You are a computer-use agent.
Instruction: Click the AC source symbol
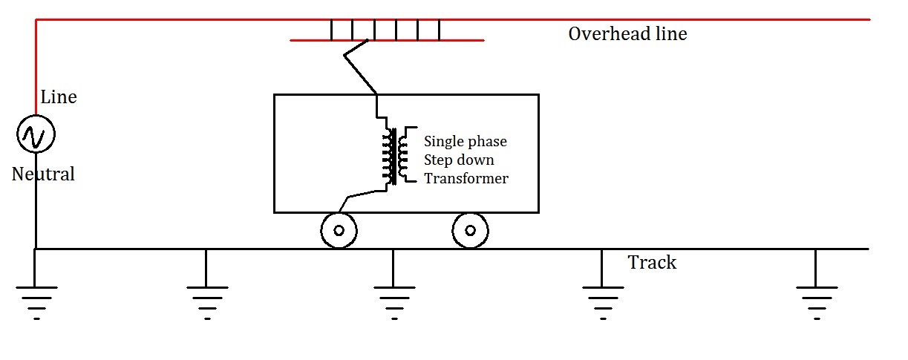coord(36,135)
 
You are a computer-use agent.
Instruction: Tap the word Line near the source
coord(58,97)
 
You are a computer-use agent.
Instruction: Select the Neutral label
coord(43,174)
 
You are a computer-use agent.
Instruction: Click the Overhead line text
coord(627,34)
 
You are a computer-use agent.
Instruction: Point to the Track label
coord(652,263)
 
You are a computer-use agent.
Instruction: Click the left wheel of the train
coord(339,230)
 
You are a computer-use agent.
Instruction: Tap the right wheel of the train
coord(470,230)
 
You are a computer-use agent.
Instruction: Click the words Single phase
coord(466,142)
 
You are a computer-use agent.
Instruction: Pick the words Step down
coord(459,160)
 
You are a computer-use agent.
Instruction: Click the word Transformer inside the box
coord(466,179)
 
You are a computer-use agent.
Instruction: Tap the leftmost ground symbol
coord(36,297)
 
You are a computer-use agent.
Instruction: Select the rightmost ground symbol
coord(815,297)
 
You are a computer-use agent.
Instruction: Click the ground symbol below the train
coord(393,297)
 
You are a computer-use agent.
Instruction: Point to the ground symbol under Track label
coord(602,297)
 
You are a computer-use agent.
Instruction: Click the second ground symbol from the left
coord(206,297)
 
